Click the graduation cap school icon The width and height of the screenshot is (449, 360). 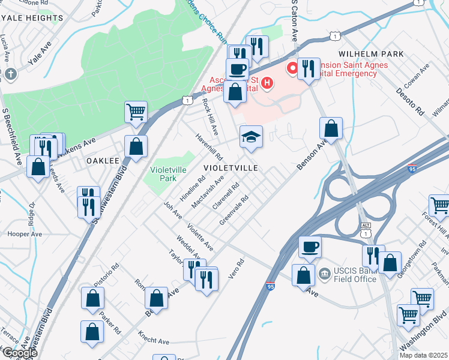click(252, 137)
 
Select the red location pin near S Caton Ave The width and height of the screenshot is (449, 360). click(292, 69)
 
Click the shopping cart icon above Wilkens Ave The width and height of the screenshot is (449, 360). click(136, 111)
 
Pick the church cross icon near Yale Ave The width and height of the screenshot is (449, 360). click(11, 75)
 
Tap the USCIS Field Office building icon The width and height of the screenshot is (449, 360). click(325, 274)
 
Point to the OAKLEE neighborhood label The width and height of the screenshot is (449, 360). click(103, 161)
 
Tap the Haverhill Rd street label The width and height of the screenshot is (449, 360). click(208, 146)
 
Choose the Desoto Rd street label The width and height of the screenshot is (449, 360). click(410, 102)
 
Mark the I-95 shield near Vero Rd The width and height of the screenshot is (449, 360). click(271, 288)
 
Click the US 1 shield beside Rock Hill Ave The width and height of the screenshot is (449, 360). click(188, 99)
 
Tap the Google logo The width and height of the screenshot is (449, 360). click(19, 353)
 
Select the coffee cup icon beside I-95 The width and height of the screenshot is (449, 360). click(310, 247)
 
